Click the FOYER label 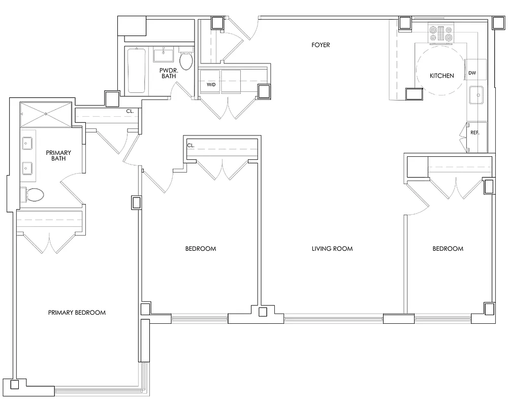click(321, 45)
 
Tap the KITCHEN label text click(441, 76)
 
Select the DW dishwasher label click(472, 73)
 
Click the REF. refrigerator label click(474, 133)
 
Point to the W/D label click(210, 84)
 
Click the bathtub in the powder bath click(136, 71)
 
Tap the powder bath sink click(164, 52)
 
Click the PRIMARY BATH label click(58, 156)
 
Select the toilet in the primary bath click(34, 194)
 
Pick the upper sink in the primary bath click(27, 144)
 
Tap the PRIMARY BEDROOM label click(77, 313)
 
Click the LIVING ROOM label click(332, 249)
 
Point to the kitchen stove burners click(441, 33)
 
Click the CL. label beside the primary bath click(130, 111)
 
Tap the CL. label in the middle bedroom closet click(190, 145)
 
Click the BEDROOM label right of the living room click(448, 249)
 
